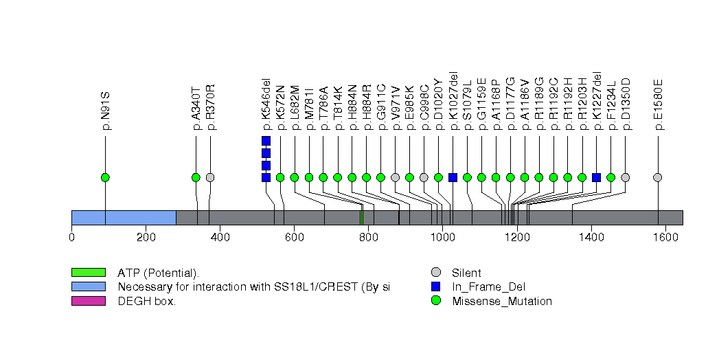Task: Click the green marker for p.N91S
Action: (x=105, y=177)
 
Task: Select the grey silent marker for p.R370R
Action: (x=210, y=177)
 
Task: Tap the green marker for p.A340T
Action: (x=196, y=177)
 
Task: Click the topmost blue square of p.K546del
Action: (x=266, y=141)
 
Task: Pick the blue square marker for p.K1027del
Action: (x=453, y=177)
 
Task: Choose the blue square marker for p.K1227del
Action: (x=596, y=177)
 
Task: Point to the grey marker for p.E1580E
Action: (x=658, y=177)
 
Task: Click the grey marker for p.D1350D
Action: (x=625, y=177)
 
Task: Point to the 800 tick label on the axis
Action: (x=368, y=238)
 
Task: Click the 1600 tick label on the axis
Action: (x=665, y=238)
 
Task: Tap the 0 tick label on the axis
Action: (x=71, y=238)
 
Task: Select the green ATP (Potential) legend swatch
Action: (x=88, y=273)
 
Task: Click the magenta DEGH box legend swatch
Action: (x=88, y=301)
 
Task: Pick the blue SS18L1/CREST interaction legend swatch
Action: (x=88, y=286)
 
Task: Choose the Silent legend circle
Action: (x=435, y=273)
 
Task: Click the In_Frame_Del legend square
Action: (x=435, y=286)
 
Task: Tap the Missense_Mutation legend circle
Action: (x=435, y=301)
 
